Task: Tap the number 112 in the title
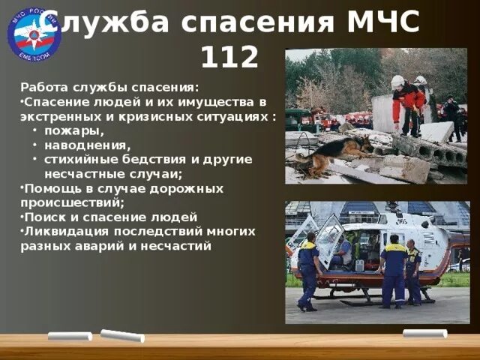229,55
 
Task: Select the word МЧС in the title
382,22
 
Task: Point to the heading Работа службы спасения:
109,86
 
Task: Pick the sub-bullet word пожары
73,132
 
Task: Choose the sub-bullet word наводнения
87,145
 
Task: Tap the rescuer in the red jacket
408,105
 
